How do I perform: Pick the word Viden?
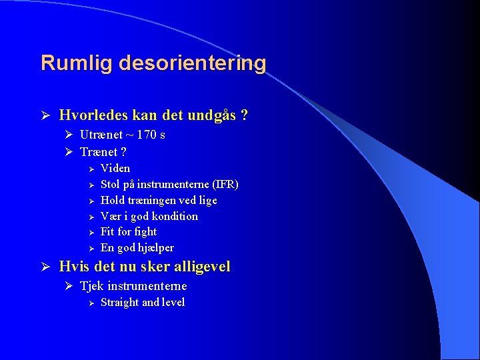[x=115, y=168]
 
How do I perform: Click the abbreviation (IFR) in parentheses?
[x=225, y=184]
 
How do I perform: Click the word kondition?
[x=175, y=216]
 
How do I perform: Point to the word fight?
[x=145, y=232]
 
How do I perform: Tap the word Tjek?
[x=91, y=286]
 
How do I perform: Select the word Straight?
[x=119, y=302]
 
